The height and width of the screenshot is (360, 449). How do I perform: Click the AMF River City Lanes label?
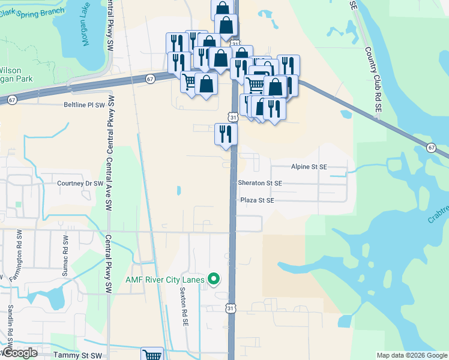(x=164, y=279)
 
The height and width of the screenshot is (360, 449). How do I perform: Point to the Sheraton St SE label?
(x=260, y=182)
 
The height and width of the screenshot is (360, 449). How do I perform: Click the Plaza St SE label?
(x=256, y=200)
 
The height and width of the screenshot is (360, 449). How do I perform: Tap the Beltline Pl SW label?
(x=88, y=104)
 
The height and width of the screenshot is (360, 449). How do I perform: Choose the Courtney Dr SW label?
(x=76, y=183)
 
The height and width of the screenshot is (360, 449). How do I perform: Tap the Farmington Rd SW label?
(x=19, y=254)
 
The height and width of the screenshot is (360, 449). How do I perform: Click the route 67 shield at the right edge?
(x=432, y=148)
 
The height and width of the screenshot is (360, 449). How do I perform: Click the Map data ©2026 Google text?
(x=412, y=355)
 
